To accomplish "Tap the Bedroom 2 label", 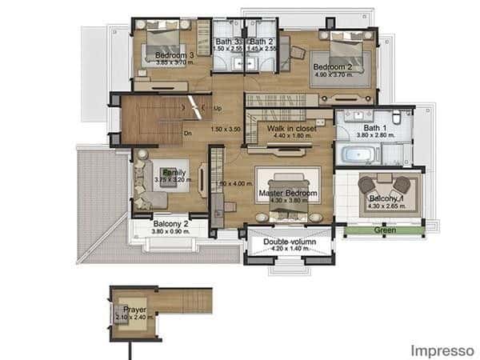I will point(333,66).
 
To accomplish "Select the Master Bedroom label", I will point(288,194).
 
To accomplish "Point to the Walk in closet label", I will point(291,128).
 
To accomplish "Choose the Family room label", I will point(174,172).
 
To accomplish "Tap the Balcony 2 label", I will point(170,224).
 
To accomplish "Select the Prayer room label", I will point(133,308).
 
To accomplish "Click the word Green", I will point(384,230).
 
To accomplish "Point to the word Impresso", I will point(442,350).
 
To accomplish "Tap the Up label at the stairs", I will point(218,108).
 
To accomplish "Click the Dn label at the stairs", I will point(187,134).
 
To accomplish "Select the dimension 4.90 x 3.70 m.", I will point(333,75).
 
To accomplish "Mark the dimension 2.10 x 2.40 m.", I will point(133,317).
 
